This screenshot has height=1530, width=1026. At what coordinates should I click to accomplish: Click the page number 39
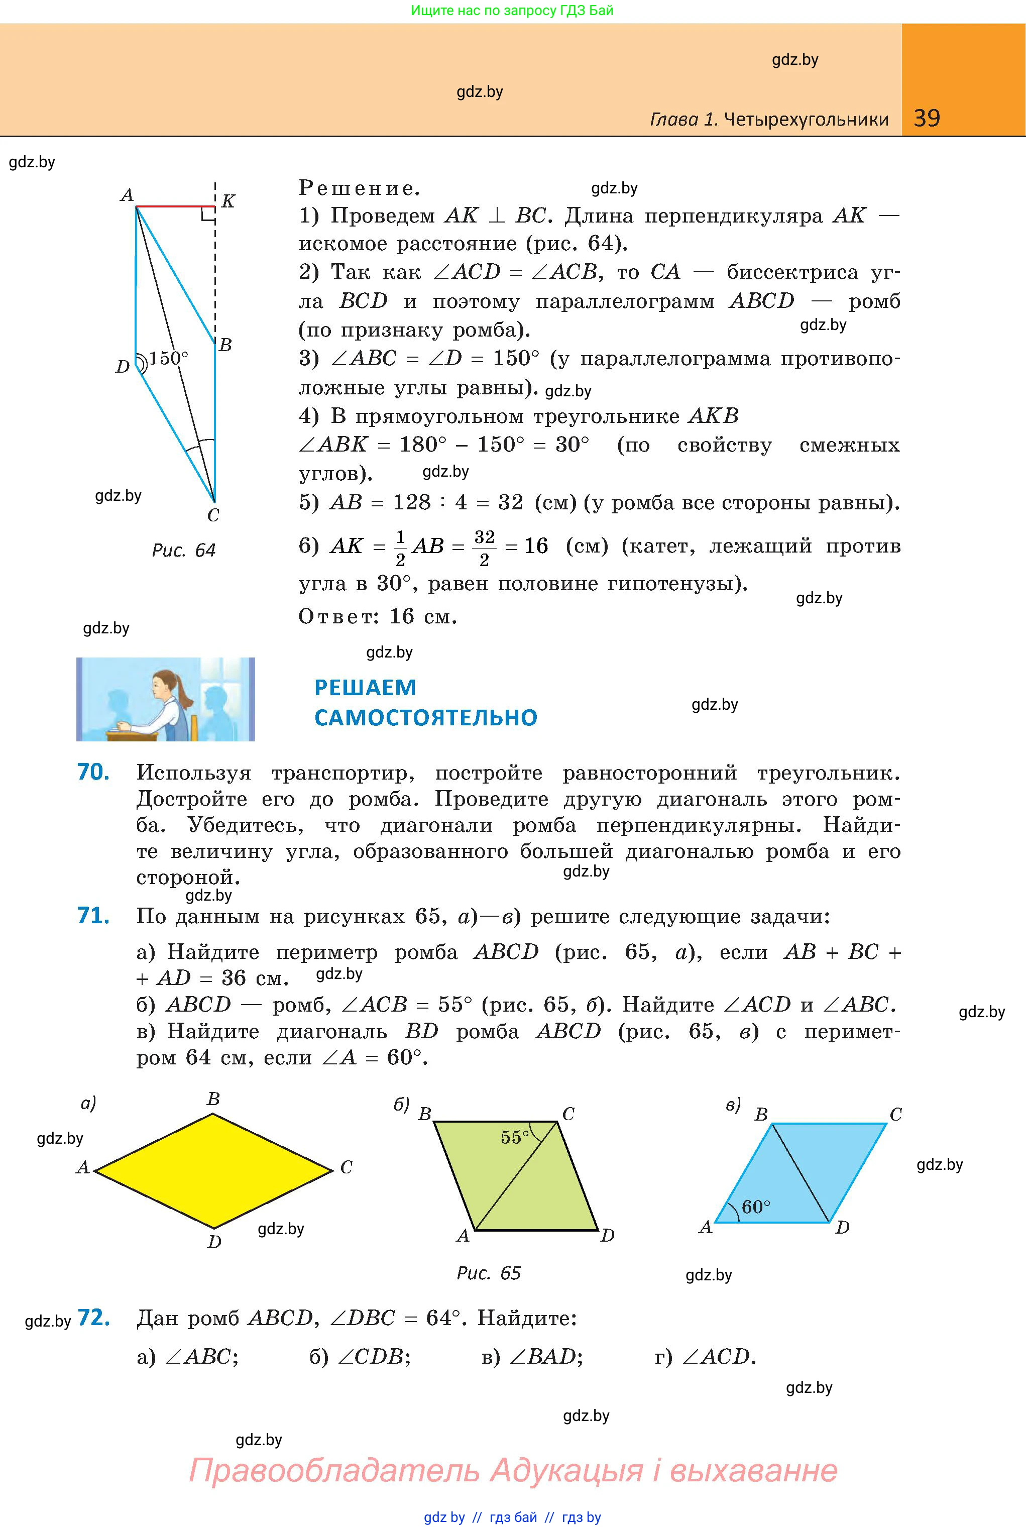pyautogui.click(x=927, y=118)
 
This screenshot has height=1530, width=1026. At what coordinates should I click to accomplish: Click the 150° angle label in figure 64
pyautogui.click(x=168, y=358)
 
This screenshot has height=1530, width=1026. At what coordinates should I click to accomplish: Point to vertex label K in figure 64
pyautogui.click(x=227, y=201)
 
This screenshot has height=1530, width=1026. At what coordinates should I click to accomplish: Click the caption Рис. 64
pyautogui.click(x=183, y=551)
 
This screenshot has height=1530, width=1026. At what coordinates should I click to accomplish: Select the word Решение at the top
pyautogui.click(x=359, y=188)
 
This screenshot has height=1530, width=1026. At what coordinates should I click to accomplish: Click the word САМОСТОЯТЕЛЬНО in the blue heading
pyautogui.click(x=425, y=718)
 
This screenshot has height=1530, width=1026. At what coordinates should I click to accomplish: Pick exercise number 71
pyautogui.click(x=93, y=916)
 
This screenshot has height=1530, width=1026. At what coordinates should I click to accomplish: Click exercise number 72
pyautogui.click(x=93, y=1318)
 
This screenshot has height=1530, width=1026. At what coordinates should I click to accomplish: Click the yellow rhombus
pyautogui.click(x=213, y=1171)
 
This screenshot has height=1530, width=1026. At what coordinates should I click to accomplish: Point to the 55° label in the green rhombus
pyautogui.click(x=514, y=1137)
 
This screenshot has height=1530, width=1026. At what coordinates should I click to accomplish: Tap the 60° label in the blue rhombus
pyautogui.click(x=756, y=1207)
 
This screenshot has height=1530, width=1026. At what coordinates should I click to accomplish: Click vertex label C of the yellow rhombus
pyautogui.click(x=346, y=1167)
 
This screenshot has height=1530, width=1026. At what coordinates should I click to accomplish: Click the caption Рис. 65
pyautogui.click(x=488, y=1273)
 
